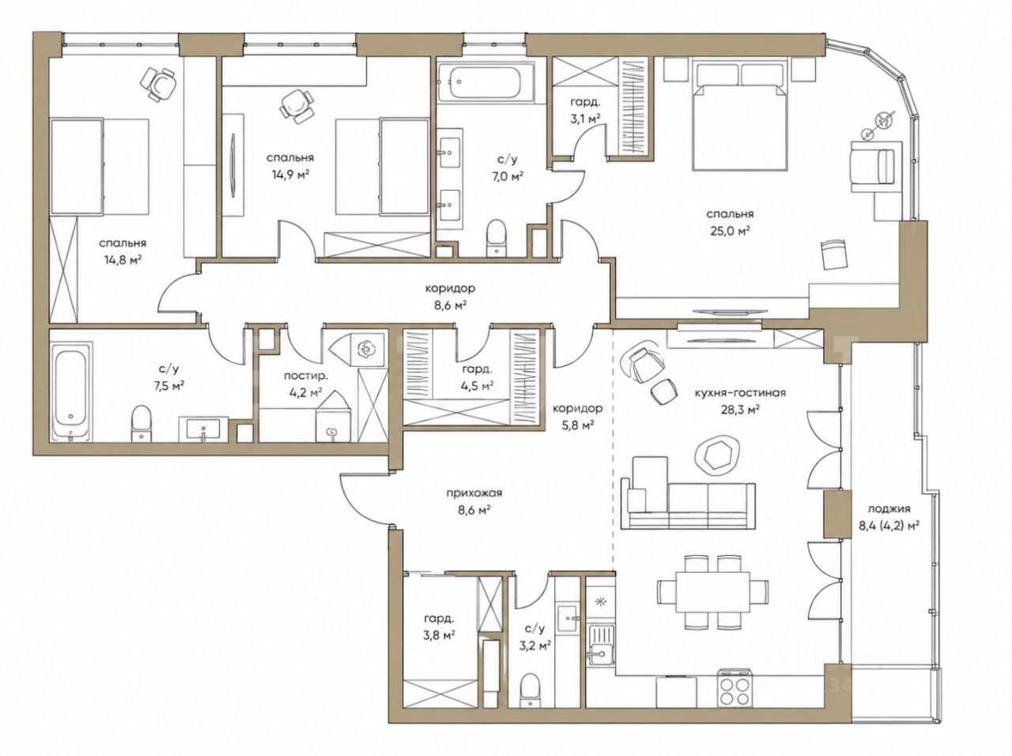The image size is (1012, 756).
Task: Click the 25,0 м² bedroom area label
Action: pyautogui.click(x=730, y=222)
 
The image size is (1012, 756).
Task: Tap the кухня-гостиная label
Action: pyautogui.click(x=740, y=393)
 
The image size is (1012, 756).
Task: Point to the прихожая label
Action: pyautogui.click(x=474, y=493)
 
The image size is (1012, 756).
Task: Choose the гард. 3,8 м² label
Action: pyautogui.click(x=440, y=627)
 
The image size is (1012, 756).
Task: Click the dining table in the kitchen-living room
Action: pyautogui.click(x=712, y=592)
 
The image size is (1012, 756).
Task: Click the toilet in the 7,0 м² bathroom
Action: pyautogui.click(x=496, y=236)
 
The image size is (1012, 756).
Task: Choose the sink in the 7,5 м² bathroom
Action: pyautogui.click(x=203, y=429)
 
